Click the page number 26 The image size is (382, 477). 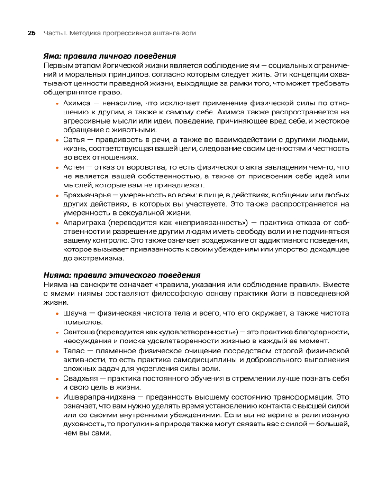(32, 33)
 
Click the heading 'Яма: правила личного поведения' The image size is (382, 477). (109, 56)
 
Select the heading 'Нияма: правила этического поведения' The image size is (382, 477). (121, 275)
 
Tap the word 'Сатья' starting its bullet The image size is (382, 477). (74, 140)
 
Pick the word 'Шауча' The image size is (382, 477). (74, 314)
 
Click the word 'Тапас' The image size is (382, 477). (74, 350)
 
